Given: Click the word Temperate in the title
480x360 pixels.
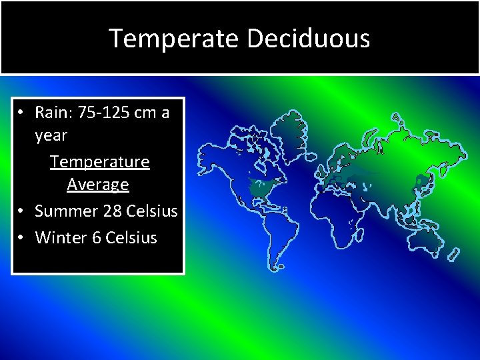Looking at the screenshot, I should pyautogui.click(x=175, y=38).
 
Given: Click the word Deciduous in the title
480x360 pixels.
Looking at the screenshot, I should pyautogui.click(x=309, y=38).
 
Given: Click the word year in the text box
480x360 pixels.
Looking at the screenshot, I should pyautogui.click(x=51, y=135).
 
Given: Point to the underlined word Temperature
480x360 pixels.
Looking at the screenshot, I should pyautogui.click(x=100, y=161).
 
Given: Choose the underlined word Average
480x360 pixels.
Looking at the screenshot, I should pyautogui.click(x=98, y=183).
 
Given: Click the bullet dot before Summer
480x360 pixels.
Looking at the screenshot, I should pyautogui.click(x=22, y=211).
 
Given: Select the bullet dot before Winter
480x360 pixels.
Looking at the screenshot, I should pyautogui.click(x=22, y=237).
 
